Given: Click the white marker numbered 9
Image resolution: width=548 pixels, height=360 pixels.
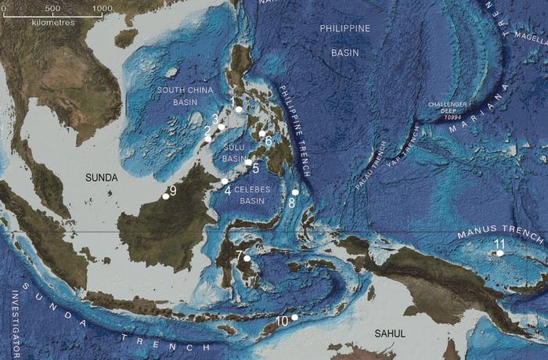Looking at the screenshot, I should click(165, 196).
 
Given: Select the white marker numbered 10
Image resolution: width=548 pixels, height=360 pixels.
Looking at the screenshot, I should click(295, 318).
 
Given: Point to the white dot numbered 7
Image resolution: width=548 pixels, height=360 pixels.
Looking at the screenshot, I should click(247, 258).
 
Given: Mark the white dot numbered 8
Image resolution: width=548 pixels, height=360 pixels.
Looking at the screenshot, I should click(295, 193).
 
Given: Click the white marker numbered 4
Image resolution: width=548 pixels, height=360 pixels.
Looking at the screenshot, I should click(225, 181).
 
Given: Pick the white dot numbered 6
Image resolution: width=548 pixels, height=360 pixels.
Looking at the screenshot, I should click(262, 135).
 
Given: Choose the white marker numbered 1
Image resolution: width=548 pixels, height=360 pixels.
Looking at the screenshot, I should click(239, 110).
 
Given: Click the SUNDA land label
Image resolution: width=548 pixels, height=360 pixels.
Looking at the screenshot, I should click(102, 178).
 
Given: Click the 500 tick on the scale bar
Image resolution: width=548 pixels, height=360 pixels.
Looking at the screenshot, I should click(52, 9).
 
